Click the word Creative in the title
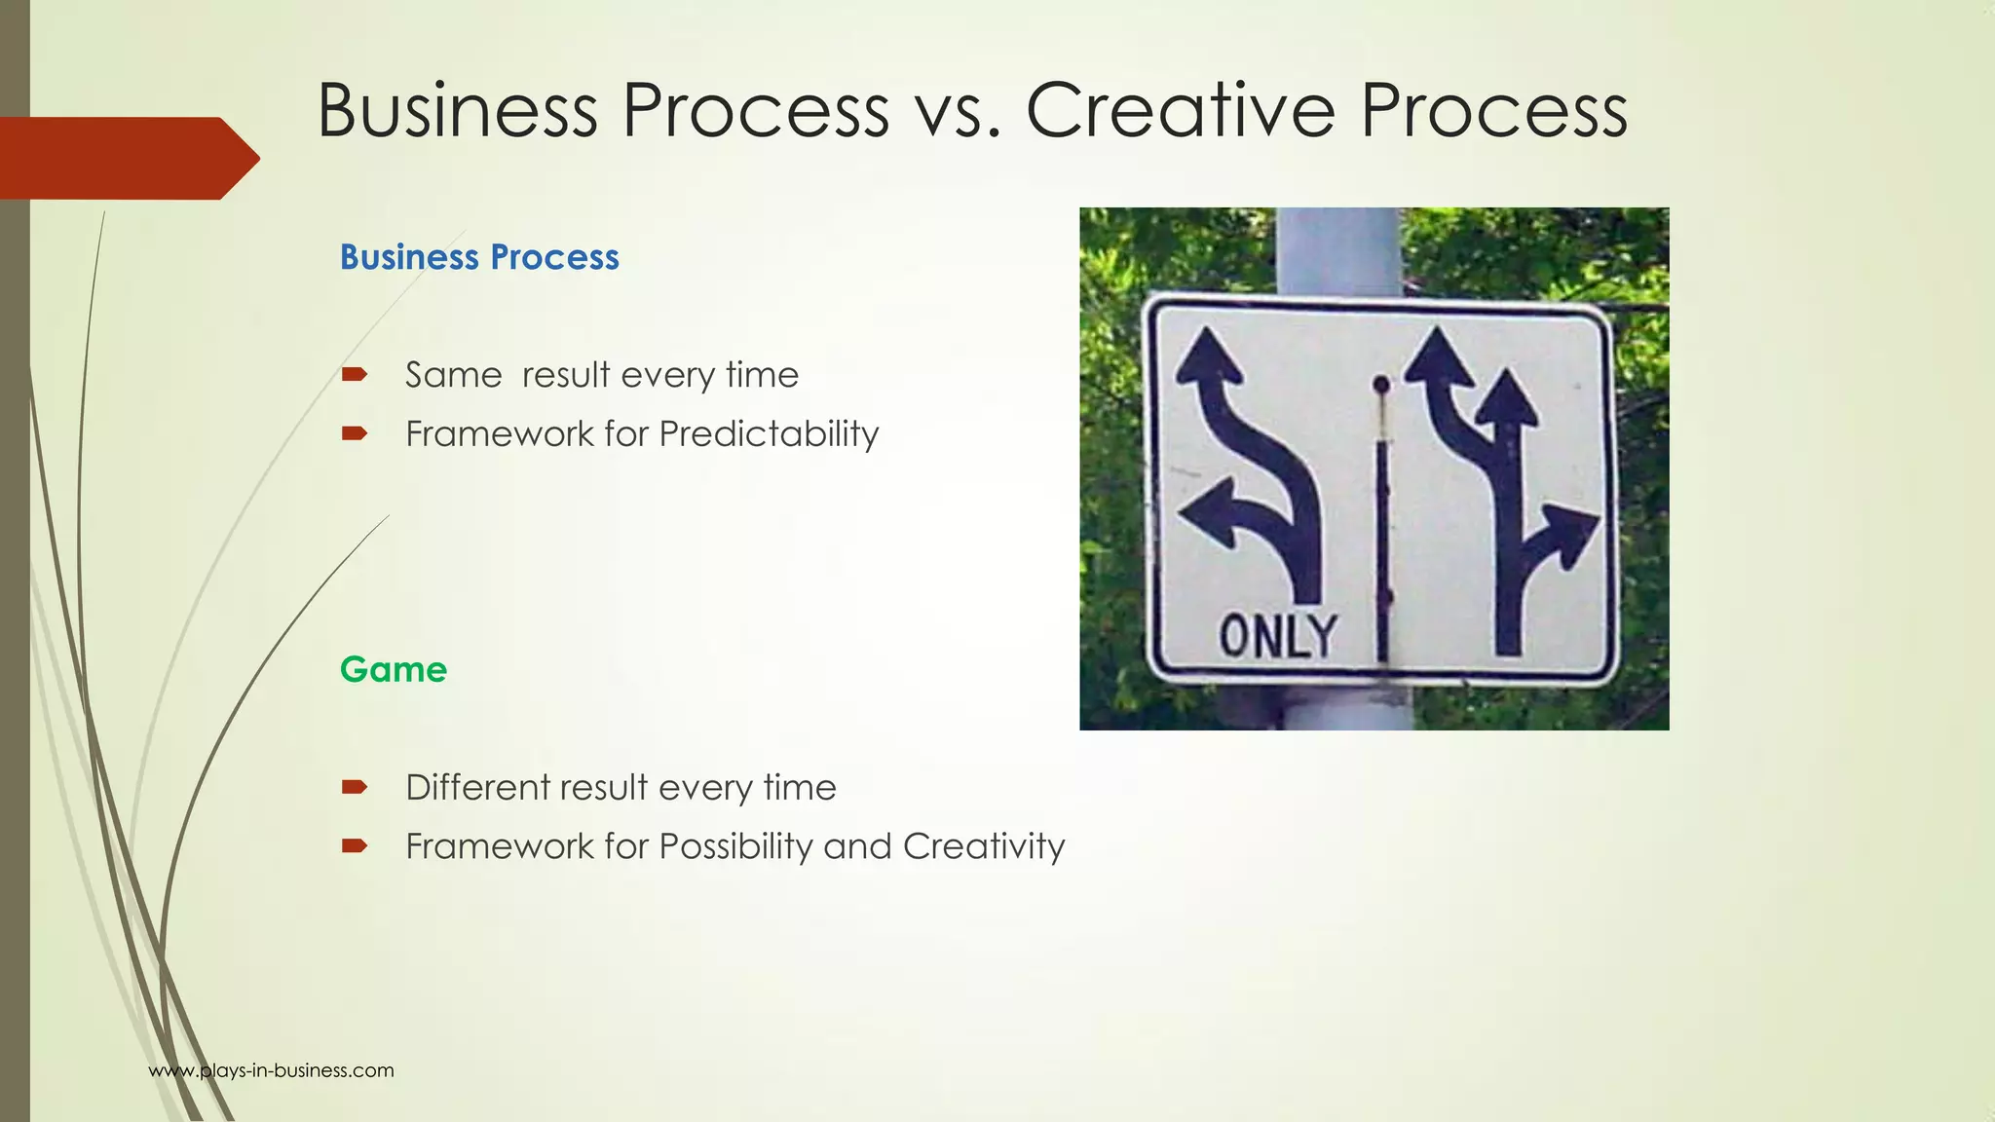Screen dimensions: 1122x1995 1180,110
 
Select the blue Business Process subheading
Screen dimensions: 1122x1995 478,257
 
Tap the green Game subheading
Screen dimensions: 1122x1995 393,670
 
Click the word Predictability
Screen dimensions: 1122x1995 769,433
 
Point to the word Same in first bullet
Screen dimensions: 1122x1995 453,375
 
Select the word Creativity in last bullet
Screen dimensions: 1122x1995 983,846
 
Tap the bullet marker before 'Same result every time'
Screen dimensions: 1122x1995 355,374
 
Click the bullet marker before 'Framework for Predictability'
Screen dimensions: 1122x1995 355,433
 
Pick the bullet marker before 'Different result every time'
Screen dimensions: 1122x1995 355,787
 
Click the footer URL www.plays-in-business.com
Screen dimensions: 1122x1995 271,1070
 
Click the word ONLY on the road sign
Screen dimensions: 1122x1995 1277,637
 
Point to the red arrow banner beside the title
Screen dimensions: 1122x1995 127,158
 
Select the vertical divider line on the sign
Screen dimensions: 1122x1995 1381,545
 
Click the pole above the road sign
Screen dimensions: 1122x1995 1337,249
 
